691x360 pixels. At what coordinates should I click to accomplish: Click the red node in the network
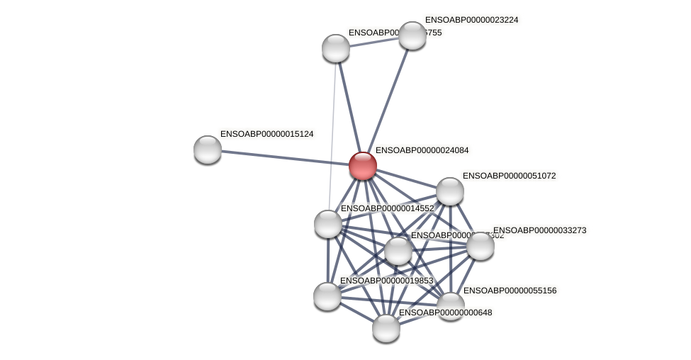tap(362, 166)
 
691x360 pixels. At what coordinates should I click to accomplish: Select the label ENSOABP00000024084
tap(422, 150)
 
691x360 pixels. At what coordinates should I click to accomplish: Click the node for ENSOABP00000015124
tap(208, 150)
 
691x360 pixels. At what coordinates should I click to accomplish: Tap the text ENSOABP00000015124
tap(267, 134)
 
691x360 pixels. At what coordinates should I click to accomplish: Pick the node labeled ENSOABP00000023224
tap(412, 35)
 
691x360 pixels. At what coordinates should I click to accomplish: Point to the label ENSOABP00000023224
tap(471, 20)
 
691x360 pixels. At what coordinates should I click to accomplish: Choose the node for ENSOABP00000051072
tap(450, 191)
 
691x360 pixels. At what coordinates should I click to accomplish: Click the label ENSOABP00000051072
tap(510, 176)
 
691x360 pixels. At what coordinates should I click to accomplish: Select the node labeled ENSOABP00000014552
tap(328, 224)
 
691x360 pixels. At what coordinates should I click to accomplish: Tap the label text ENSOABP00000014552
tap(387, 208)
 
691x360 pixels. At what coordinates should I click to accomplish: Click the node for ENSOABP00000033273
tap(481, 246)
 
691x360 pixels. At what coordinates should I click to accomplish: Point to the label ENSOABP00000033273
tap(539, 230)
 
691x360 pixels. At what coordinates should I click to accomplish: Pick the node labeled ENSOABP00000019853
tap(327, 296)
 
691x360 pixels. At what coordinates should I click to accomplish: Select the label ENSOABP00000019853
tap(386, 281)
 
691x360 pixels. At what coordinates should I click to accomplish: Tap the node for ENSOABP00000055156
tap(450, 305)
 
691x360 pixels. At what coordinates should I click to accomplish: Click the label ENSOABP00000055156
tap(510, 291)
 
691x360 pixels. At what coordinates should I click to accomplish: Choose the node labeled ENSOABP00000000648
tap(386, 327)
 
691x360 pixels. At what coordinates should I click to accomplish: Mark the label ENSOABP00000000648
tap(445, 313)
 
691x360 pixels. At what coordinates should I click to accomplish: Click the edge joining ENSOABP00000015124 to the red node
tap(283, 157)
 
